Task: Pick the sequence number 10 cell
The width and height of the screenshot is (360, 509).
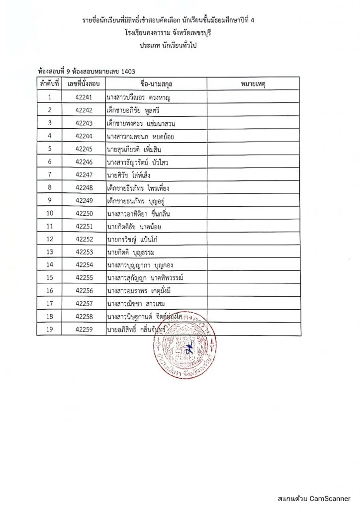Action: [50, 214]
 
